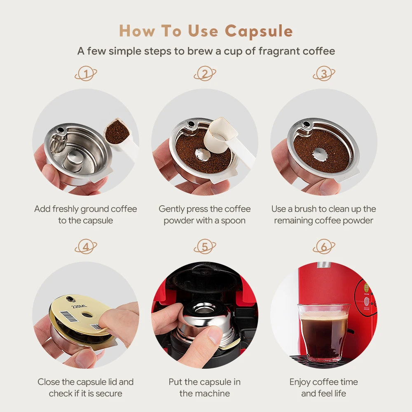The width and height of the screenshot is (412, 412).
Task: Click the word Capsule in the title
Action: [x=259, y=31]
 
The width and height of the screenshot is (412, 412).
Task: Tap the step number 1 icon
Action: [x=86, y=74]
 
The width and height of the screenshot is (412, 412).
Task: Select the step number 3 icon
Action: [x=324, y=74]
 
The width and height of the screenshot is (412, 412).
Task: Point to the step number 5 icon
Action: [x=205, y=247]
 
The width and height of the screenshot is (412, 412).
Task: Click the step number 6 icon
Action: [x=324, y=247]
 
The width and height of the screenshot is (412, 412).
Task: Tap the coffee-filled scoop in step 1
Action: [x=117, y=132]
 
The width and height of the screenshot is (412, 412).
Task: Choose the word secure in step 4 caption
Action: [x=108, y=393]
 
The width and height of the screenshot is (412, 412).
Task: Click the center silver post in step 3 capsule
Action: [x=320, y=154]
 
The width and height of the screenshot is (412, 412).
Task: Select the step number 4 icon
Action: [x=86, y=247]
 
